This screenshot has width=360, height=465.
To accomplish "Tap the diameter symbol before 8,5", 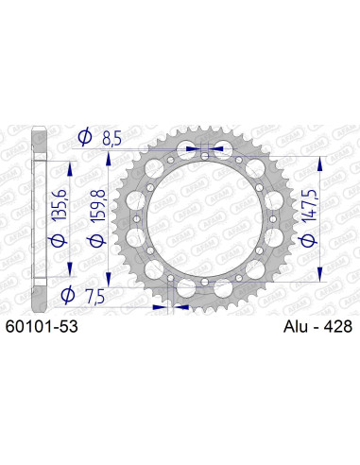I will (84, 138).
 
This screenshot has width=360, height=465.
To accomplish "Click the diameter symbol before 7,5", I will (67, 296).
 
